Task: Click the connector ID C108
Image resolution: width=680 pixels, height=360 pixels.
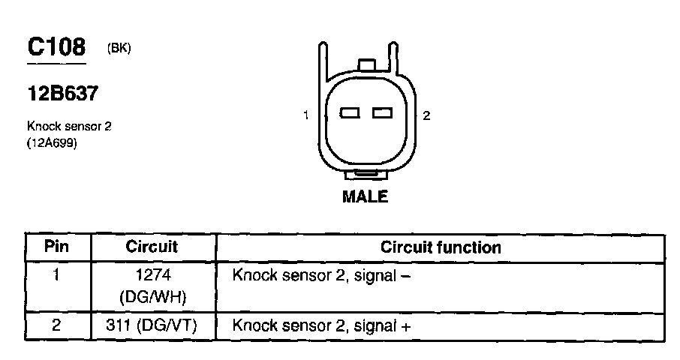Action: (x=56, y=47)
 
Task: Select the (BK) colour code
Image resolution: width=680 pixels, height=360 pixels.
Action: (x=119, y=49)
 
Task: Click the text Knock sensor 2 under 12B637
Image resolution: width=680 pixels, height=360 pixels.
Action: (x=68, y=127)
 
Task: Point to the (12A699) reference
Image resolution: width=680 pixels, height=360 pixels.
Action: (x=52, y=142)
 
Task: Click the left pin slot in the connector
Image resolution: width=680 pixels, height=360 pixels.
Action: (x=351, y=114)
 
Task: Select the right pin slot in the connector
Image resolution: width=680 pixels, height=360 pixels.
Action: (x=382, y=114)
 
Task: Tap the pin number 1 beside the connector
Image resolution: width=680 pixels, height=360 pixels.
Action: (x=306, y=115)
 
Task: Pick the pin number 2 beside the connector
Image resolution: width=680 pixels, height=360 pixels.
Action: (x=426, y=115)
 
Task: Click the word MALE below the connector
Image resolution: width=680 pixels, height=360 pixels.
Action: (x=366, y=197)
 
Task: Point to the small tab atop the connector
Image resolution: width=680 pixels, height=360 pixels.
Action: (x=367, y=66)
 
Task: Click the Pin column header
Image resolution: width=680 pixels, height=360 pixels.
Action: (x=57, y=247)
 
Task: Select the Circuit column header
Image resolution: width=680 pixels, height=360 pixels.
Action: (x=152, y=247)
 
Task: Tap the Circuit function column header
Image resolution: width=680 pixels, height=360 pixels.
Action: (x=441, y=247)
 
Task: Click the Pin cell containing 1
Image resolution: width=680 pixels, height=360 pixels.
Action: (x=57, y=274)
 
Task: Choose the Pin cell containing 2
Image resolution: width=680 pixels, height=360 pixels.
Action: (x=57, y=326)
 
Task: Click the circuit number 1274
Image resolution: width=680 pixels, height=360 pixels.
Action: (x=152, y=275)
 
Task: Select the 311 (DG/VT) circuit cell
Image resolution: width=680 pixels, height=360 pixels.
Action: (x=152, y=326)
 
